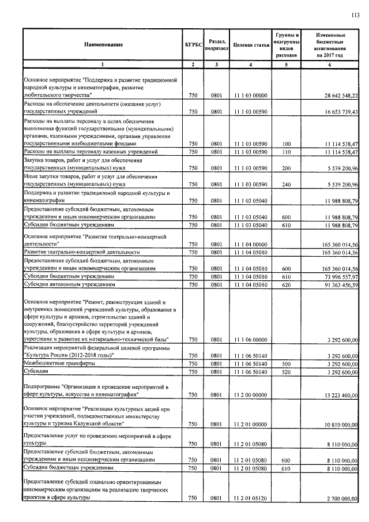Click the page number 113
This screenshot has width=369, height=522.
[355, 16]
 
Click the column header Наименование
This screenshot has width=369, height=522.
[103, 44]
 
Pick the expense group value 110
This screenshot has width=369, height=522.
[287, 151]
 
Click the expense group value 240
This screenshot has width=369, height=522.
[287, 184]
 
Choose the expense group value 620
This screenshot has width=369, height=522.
[287, 285]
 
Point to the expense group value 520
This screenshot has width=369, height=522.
[287, 373]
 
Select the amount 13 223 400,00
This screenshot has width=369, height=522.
[334, 395]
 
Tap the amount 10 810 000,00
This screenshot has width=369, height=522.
[334, 424]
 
